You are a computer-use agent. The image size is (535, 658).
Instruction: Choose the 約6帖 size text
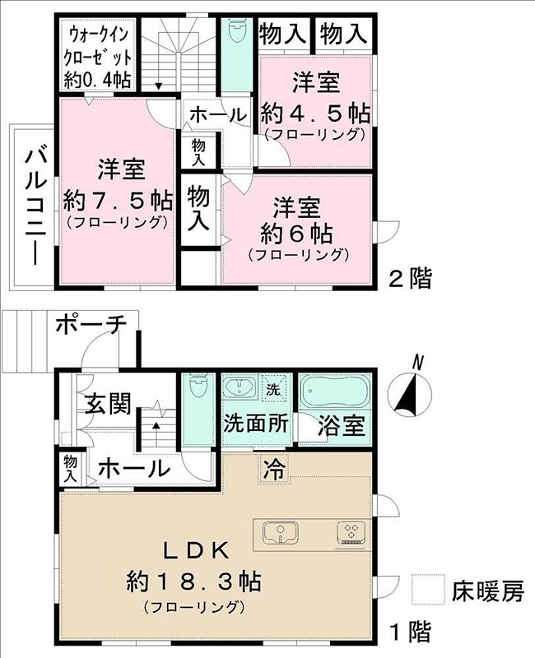point(297,233)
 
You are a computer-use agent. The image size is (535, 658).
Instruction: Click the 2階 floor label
point(409,279)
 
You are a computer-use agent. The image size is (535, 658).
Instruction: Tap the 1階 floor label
point(409,632)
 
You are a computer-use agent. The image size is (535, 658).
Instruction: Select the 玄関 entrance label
point(108,404)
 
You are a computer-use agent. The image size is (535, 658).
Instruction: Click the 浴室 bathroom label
point(342,426)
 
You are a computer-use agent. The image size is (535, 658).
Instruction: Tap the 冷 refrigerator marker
point(273,469)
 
